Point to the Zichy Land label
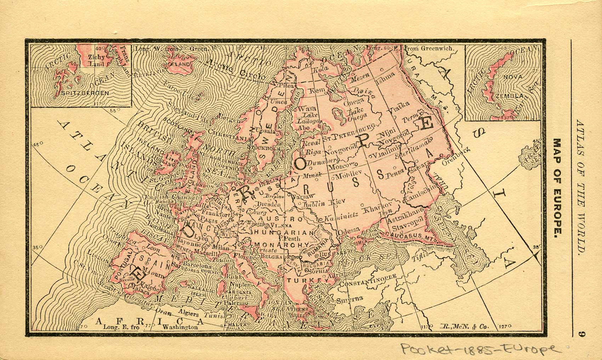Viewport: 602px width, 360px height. click(x=97, y=60)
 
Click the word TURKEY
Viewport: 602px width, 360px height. click(x=308, y=280)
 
